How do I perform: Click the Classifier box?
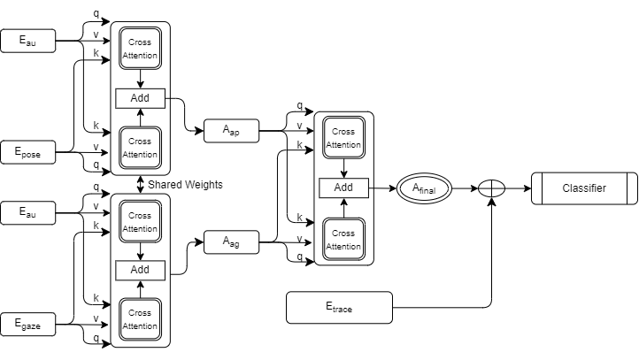583,188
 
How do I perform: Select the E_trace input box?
340,308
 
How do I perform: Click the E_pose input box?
29,153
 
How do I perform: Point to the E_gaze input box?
29,326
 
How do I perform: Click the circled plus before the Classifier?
491,188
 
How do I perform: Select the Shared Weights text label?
185,185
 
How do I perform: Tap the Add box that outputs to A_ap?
140,97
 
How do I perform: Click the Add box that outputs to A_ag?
140,269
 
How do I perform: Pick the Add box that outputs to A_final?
343,188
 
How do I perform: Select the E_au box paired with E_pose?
29,40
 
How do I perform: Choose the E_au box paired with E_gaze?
29,212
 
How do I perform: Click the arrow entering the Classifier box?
518,188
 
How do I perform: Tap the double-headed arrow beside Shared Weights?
140,184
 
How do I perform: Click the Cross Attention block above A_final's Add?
343,138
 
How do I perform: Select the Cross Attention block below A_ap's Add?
140,148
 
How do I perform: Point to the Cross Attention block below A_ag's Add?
140,319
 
